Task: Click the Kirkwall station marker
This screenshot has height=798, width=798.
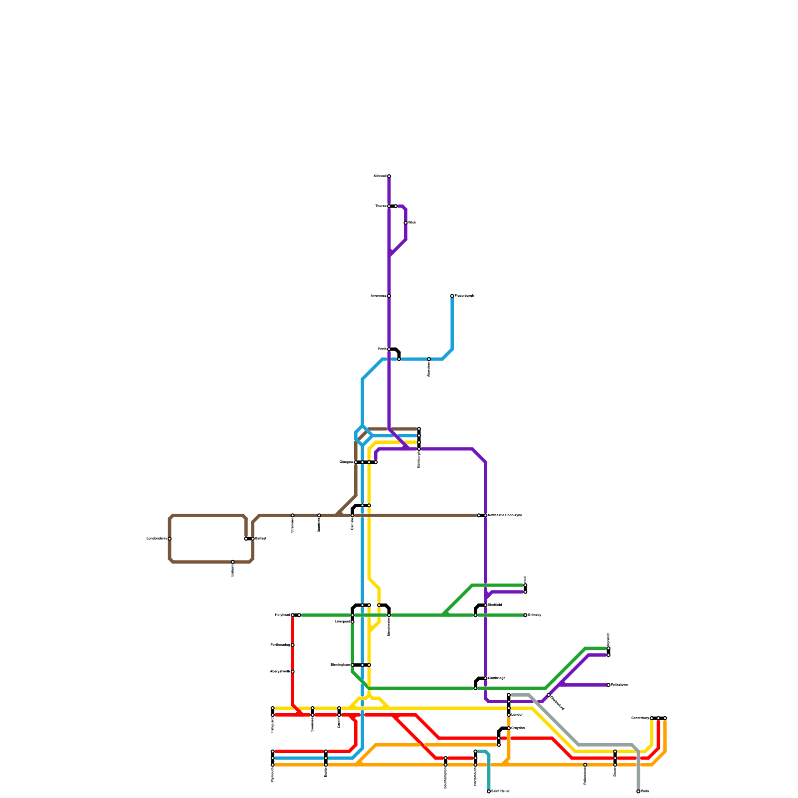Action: pyautogui.click(x=389, y=176)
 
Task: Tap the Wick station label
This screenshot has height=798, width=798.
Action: pyautogui.click(x=412, y=223)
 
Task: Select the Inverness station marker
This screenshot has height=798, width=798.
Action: pyautogui.click(x=389, y=296)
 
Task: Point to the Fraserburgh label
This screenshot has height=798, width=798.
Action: pyautogui.click(x=464, y=296)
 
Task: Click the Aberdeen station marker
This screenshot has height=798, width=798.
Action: pyautogui.click(x=429, y=359)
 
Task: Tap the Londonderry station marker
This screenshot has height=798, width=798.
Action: pyautogui.click(x=170, y=539)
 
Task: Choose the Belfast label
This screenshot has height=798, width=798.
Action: pyautogui.click(x=261, y=539)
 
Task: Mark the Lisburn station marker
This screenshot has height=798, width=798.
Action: pyautogui.click(x=233, y=562)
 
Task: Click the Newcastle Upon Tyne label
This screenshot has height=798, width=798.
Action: pyautogui.click(x=505, y=515)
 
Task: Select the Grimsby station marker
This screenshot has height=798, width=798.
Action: pyautogui.click(x=525, y=615)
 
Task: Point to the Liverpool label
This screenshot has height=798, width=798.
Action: pyautogui.click(x=343, y=622)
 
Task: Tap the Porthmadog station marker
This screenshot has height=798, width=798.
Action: pyautogui.click(x=293, y=645)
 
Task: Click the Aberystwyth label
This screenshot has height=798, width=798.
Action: pyautogui.click(x=280, y=672)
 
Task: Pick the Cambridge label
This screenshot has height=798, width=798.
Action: pyautogui.click(x=497, y=678)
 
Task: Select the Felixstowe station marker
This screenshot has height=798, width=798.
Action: pyautogui.click(x=608, y=685)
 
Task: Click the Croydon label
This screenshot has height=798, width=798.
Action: pyautogui.click(x=518, y=728)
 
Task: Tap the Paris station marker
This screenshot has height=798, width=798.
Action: pyautogui.click(x=638, y=792)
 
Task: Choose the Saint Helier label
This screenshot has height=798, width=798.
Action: pyautogui.click(x=500, y=792)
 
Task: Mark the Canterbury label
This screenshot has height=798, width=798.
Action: pyautogui.click(x=640, y=718)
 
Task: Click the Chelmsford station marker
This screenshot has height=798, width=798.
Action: pyautogui.click(x=549, y=695)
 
